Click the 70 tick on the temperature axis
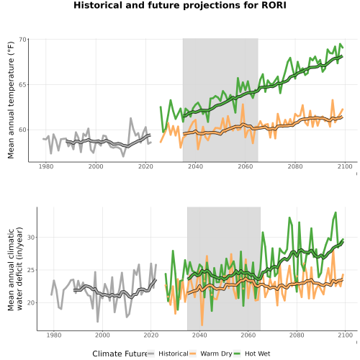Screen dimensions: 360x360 pos(22,40)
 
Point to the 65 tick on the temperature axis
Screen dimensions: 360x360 pos(22,85)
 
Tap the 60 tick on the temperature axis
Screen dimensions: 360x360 pos(22,130)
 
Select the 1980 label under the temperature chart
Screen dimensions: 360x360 pos(46,166)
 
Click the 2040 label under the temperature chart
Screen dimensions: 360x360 pos(195,166)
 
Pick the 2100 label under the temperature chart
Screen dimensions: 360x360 pos(345,166)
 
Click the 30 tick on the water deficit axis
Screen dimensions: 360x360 pos(31,238)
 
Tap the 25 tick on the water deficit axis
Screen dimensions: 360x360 pos(31,270)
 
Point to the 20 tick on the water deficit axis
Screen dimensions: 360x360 pos(31,303)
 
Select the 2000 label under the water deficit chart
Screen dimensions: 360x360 pos(102,335)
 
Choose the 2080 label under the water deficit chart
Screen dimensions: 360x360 pos(297,335)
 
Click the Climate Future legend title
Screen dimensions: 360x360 pos(120,354)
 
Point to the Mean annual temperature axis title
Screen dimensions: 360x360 pos(11,100)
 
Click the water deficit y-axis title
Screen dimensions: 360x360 pos(15,269)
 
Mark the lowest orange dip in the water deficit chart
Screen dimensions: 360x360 pos(202,325)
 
